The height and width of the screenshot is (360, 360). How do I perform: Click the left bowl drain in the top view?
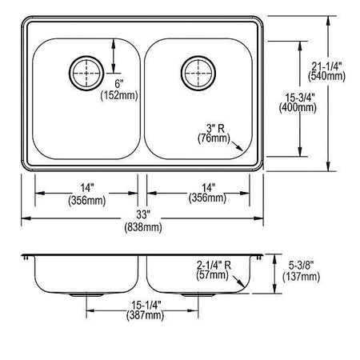[86, 73]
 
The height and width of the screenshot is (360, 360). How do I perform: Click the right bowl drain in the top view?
[198, 73]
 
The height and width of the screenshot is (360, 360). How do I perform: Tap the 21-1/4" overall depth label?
[326, 66]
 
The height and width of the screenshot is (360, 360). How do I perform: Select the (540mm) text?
[326, 76]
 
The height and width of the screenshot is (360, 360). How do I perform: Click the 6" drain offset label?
[119, 84]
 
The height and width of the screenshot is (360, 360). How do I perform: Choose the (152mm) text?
[119, 95]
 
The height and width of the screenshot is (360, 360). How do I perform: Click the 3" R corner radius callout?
[216, 129]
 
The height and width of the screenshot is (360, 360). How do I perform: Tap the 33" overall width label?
[143, 214]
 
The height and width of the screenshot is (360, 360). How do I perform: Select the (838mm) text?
[143, 227]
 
